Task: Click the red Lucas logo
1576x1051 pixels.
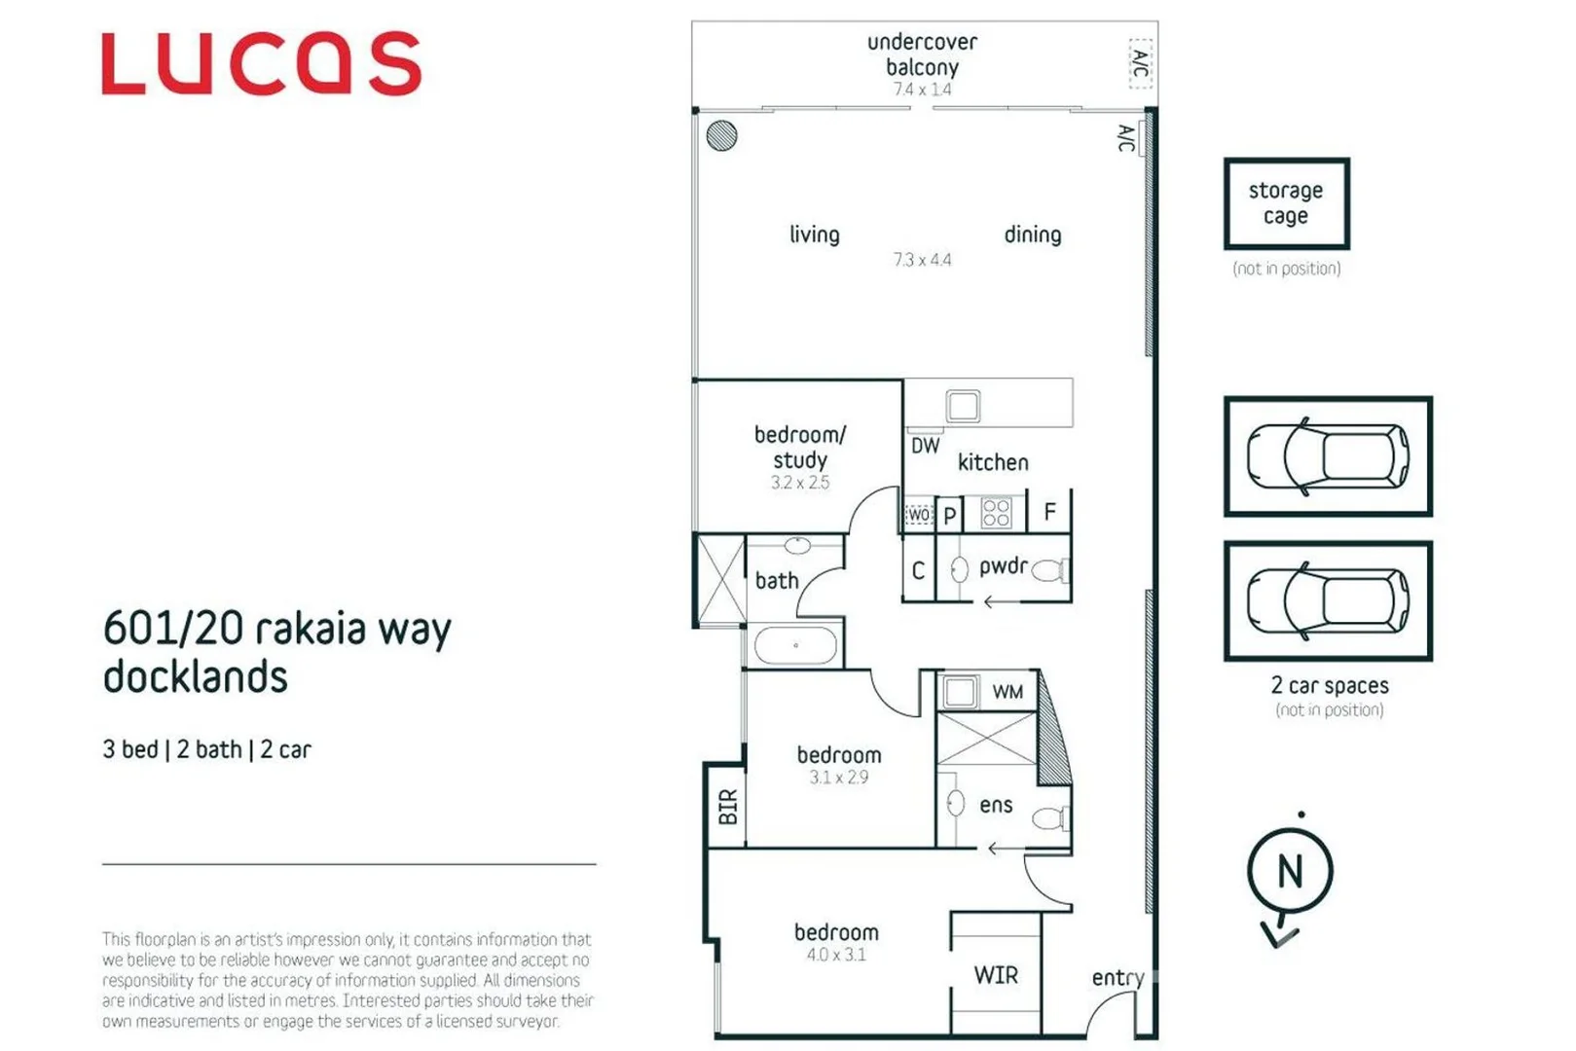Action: tap(261, 63)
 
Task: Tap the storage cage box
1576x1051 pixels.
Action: tap(1286, 203)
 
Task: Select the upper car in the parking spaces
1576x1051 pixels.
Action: tap(1328, 455)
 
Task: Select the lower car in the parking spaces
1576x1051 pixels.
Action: tap(1328, 600)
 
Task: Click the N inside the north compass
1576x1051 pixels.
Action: tap(1290, 871)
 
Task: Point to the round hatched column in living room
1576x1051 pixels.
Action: tap(721, 135)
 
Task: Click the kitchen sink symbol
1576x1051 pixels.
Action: tap(963, 406)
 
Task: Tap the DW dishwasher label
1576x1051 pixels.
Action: tap(925, 446)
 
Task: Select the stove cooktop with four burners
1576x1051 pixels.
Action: tap(996, 513)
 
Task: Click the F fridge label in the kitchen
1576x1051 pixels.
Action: tap(1049, 512)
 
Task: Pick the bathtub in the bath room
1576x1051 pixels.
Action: tap(795, 645)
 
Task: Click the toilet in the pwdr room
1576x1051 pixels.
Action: tap(1049, 570)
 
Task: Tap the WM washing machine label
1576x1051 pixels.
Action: tap(1008, 692)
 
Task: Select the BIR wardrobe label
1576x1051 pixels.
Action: tap(727, 807)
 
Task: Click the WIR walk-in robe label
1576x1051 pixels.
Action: tap(996, 975)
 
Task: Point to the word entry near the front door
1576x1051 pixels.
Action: tap(1117, 977)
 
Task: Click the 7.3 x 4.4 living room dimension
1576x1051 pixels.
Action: tap(922, 260)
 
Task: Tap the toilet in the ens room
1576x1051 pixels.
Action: tap(1049, 817)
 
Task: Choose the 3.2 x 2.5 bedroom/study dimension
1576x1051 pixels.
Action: tap(800, 483)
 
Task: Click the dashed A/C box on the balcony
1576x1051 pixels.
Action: tap(1140, 63)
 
